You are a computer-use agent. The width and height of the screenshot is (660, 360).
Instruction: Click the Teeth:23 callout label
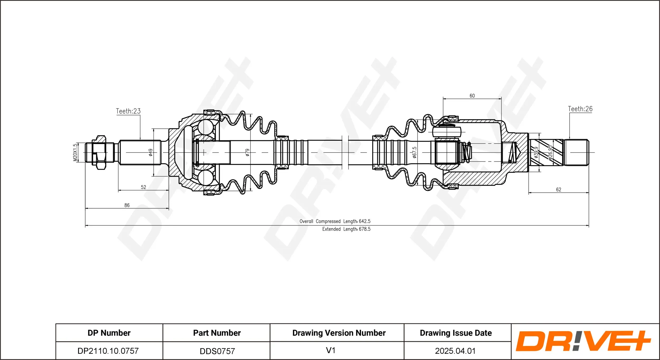point(128,111)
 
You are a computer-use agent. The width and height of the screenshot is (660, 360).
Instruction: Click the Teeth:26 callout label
point(580,109)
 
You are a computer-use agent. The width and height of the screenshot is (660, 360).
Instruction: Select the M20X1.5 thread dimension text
point(75,152)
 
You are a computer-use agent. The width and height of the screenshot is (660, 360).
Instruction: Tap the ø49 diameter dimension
point(150,152)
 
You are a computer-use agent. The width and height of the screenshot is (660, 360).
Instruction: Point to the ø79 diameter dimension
point(247,152)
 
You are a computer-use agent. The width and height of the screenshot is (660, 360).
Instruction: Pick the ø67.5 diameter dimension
point(414,152)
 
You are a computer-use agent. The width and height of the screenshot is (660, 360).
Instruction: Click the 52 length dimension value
point(143,187)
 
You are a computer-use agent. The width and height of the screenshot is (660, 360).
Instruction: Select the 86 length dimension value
point(127,205)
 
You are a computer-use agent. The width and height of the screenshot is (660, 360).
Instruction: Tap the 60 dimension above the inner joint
point(472,96)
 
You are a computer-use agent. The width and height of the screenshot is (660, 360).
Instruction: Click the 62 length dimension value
point(559,189)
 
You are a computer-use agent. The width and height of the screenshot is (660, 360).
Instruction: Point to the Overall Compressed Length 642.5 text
point(335,221)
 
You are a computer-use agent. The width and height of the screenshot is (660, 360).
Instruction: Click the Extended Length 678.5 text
point(346,229)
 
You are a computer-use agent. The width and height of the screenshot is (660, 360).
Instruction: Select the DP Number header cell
point(109,333)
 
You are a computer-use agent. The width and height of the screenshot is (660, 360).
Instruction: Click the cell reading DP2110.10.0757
point(108,351)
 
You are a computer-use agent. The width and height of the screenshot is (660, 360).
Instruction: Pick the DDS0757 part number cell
point(217,351)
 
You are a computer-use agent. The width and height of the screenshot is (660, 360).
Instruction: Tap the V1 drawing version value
point(331,350)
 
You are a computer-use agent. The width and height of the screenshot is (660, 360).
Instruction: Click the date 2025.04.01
point(455,351)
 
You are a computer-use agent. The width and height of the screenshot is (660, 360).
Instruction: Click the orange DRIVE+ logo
point(583,341)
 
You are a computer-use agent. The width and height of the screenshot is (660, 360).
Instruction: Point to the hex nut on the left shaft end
point(99,152)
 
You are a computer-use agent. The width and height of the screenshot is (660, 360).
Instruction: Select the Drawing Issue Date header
point(456,333)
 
